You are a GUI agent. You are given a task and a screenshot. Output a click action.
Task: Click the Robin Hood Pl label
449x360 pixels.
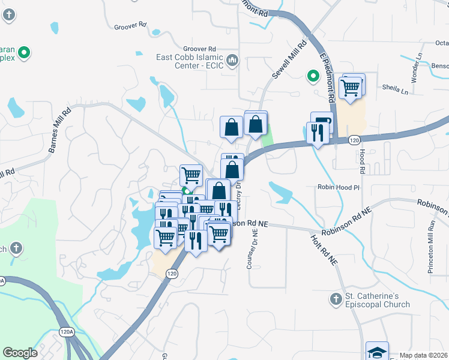click(338, 187)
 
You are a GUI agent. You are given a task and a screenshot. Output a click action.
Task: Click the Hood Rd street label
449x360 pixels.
click(363, 161)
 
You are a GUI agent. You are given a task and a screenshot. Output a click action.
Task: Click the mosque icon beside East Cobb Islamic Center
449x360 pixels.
click(234, 60)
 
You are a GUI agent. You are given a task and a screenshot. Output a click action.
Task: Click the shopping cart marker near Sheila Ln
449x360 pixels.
click(351, 88)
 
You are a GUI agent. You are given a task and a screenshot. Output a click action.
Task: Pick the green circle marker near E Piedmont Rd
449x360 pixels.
click(312, 76)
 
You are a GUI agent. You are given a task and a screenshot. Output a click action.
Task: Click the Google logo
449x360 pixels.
click(20, 353)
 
